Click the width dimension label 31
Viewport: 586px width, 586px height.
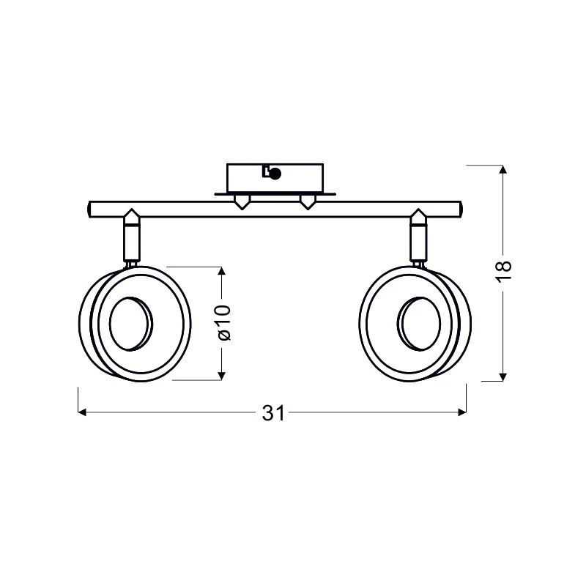[x=273, y=413]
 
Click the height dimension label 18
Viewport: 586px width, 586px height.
[x=503, y=266]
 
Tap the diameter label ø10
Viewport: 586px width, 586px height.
[x=224, y=322]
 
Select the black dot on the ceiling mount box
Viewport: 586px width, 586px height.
[x=275, y=174]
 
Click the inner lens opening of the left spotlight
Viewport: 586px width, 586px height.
[x=131, y=324]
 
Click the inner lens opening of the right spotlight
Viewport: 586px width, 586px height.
[x=418, y=324]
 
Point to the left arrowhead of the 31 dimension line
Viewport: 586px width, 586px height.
[x=82, y=412]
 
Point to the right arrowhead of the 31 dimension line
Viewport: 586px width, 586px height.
[x=462, y=412]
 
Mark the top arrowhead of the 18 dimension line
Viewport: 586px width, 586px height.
[x=503, y=169]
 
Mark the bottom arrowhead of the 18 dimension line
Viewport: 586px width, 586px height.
[x=503, y=377]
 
